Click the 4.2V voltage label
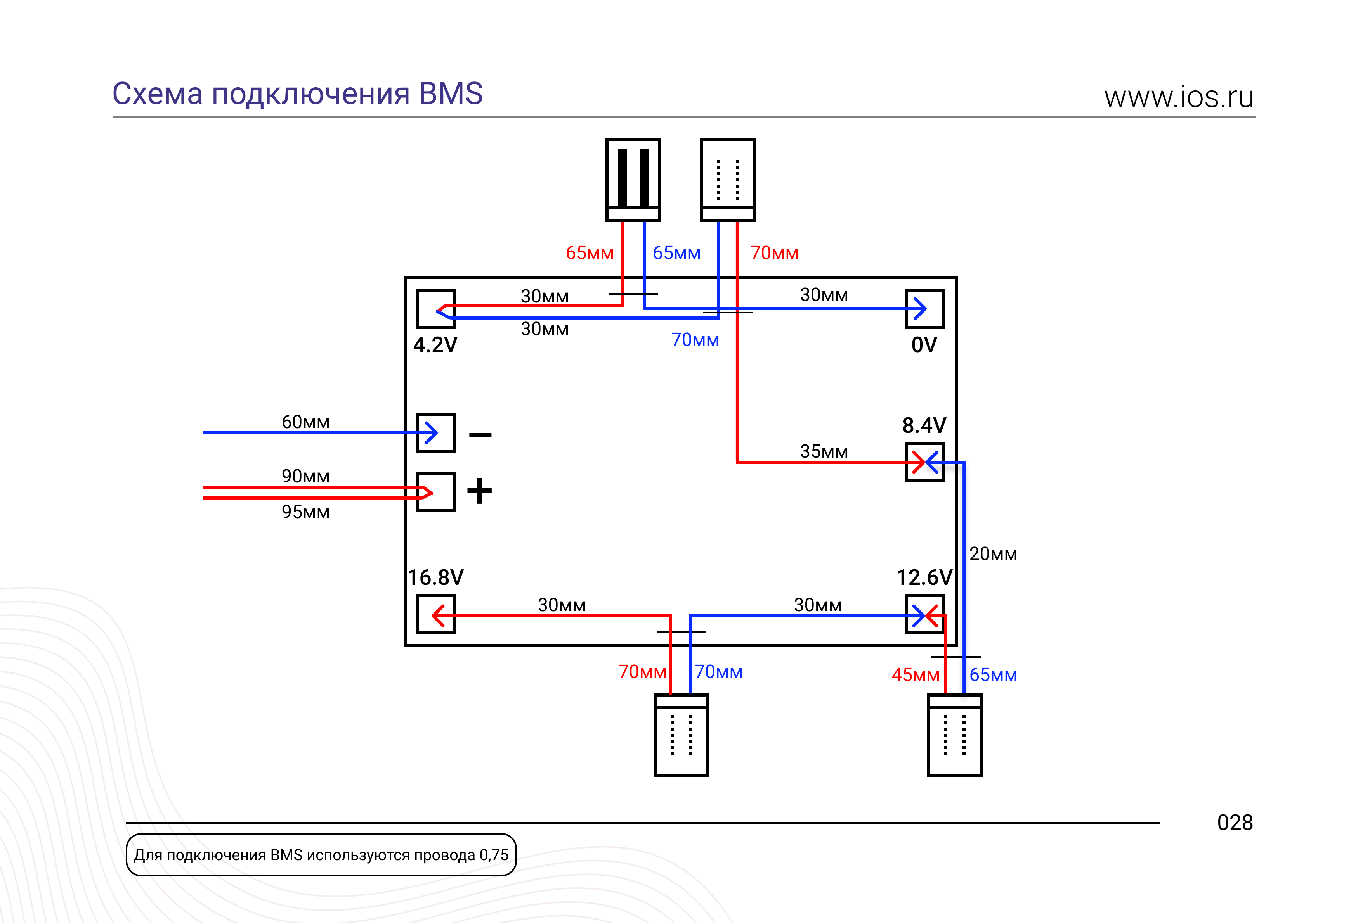coord(435,345)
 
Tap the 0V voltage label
coord(924,345)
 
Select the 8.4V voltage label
coord(924,425)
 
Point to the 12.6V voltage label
coord(924,577)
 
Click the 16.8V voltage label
coord(436,577)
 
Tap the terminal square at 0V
coord(925,308)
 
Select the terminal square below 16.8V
coord(436,615)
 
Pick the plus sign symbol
coord(479,491)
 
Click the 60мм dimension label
coord(305,422)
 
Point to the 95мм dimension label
coord(305,512)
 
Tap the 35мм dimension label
coord(824,451)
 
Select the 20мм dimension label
coord(993,554)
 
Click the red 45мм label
coord(916,674)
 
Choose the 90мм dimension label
coord(305,476)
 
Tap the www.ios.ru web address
coord(1179,97)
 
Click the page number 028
coord(1235,823)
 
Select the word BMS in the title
coord(451,94)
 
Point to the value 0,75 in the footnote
coord(494,855)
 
